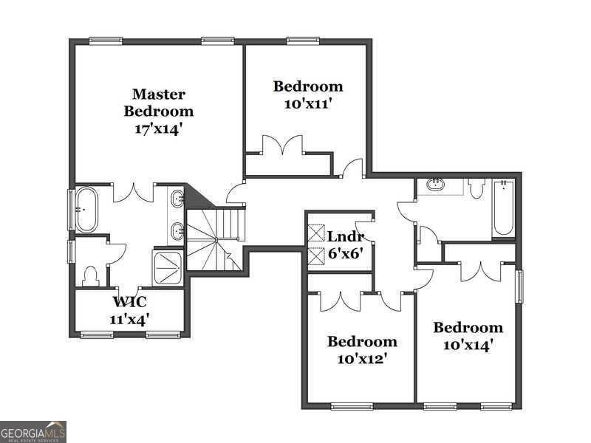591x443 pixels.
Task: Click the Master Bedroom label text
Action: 158,103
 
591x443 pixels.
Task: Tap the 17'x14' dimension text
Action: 158,128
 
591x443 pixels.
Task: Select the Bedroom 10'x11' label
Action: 308,95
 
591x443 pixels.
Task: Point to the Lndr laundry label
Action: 345,238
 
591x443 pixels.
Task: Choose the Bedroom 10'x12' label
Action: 362,350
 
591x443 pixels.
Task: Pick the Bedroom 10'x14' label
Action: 468,335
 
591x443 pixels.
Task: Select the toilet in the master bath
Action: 91,276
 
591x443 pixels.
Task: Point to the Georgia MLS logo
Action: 33,431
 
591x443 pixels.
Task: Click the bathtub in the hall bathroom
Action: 503,209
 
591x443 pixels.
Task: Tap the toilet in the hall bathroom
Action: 476,189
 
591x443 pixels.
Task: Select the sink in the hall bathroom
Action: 437,184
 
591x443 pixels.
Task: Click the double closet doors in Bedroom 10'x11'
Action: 287,145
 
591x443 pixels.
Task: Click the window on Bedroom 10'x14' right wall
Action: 519,286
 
